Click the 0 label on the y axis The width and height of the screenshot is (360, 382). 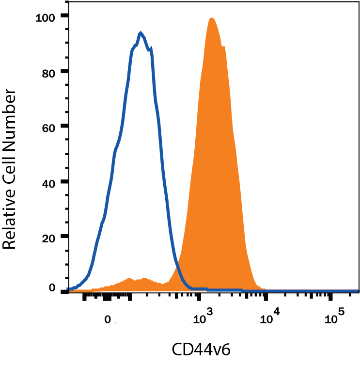click(x=50, y=287)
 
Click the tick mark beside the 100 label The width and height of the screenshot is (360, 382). click(x=63, y=16)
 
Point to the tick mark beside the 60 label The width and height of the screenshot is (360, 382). click(x=63, y=127)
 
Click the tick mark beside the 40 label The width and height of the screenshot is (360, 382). click(x=63, y=182)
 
